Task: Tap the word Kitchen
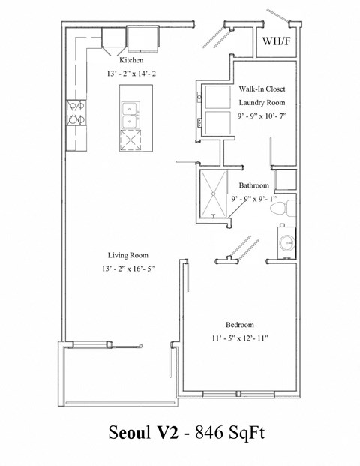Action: pyautogui.click(x=130, y=61)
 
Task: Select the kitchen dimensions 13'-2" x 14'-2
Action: pyautogui.click(x=134, y=74)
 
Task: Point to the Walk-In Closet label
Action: pyautogui.click(x=260, y=89)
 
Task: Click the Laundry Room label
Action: pyautogui.click(x=259, y=102)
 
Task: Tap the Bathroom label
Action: pyautogui.click(x=254, y=185)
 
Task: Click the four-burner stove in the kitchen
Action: pyautogui.click(x=76, y=112)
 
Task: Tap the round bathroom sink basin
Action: pyautogui.click(x=286, y=242)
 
